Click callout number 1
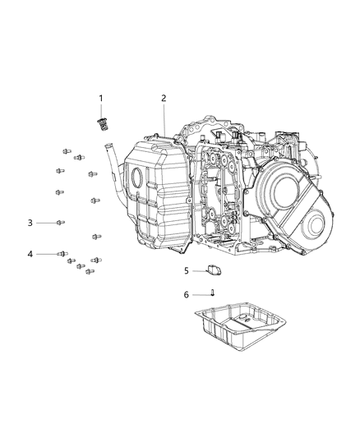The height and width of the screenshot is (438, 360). (x=102, y=99)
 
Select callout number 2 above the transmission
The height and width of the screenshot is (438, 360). (x=164, y=99)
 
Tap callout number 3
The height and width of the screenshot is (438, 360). (x=30, y=223)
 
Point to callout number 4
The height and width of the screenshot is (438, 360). (x=30, y=254)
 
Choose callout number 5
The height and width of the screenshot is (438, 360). (x=187, y=270)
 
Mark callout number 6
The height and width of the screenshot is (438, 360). (x=187, y=293)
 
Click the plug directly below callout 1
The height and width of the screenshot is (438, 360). (x=103, y=124)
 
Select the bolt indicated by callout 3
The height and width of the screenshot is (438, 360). (x=61, y=223)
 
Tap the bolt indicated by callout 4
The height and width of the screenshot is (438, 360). (x=62, y=254)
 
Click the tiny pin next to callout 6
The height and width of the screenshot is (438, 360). (x=212, y=293)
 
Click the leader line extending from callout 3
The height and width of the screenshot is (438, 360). (x=45, y=223)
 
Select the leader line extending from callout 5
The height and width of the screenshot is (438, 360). (x=198, y=270)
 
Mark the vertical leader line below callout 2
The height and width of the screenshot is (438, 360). (x=164, y=119)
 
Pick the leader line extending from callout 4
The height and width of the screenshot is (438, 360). (x=45, y=254)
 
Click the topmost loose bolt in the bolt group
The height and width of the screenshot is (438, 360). (x=65, y=150)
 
